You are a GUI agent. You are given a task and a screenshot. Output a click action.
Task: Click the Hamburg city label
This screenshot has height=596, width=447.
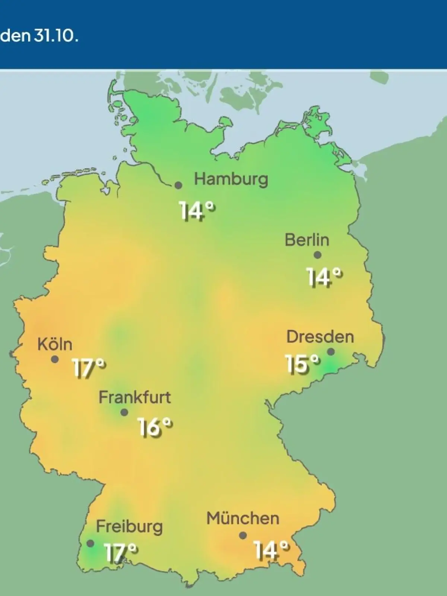pyautogui.click(x=231, y=180)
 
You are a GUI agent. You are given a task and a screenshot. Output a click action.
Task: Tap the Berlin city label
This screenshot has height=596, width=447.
pyautogui.click(x=307, y=240)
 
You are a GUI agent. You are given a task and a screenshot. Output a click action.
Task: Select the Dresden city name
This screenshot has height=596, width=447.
pyautogui.click(x=320, y=337)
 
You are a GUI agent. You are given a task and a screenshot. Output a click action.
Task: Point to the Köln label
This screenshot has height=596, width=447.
pyautogui.click(x=55, y=345)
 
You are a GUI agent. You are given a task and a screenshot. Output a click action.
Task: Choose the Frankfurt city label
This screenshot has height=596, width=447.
pyautogui.click(x=134, y=397)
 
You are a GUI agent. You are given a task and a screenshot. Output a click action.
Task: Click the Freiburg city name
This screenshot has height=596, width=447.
pyautogui.click(x=129, y=527)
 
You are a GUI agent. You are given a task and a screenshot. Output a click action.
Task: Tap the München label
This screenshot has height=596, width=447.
pyautogui.click(x=243, y=519)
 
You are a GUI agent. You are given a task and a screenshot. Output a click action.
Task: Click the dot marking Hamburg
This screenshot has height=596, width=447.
pyautogui.click(x=179, y=185)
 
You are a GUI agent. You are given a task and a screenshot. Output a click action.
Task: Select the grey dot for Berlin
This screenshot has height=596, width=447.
pyautogui.click(x=317, y=255)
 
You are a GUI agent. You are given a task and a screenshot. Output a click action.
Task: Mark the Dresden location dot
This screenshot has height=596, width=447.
pyautogui.click(x=331, y=352)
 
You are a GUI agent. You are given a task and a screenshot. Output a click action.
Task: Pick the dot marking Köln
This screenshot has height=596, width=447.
pyautogui.click(x=55, y=359)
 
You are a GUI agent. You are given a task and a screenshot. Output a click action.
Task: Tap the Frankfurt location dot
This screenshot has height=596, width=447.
pyautogui.click(x=124, y=412)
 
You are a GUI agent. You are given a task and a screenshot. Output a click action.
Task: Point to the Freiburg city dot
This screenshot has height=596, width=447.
pyautogui.click(x=90, y=543)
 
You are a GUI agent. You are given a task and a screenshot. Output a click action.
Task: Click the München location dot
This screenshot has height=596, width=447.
pyautogui.click(x=243, y=535)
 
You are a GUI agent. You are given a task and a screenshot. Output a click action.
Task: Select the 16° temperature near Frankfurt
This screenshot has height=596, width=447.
pyautogui.click(x=155, y=427)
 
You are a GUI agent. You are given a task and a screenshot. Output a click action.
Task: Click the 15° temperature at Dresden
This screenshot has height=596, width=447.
pyautogui.click(x=302, y=364)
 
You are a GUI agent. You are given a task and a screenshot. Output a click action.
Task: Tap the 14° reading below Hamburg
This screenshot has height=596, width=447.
pyautogui.click(x=197, y=211)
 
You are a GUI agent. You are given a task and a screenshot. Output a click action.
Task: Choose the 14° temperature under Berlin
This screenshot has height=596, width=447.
pyautogui.click(x=324, y=278)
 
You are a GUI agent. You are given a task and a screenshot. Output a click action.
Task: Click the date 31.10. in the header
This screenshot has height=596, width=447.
pyautogui.click(x=56, y=37)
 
